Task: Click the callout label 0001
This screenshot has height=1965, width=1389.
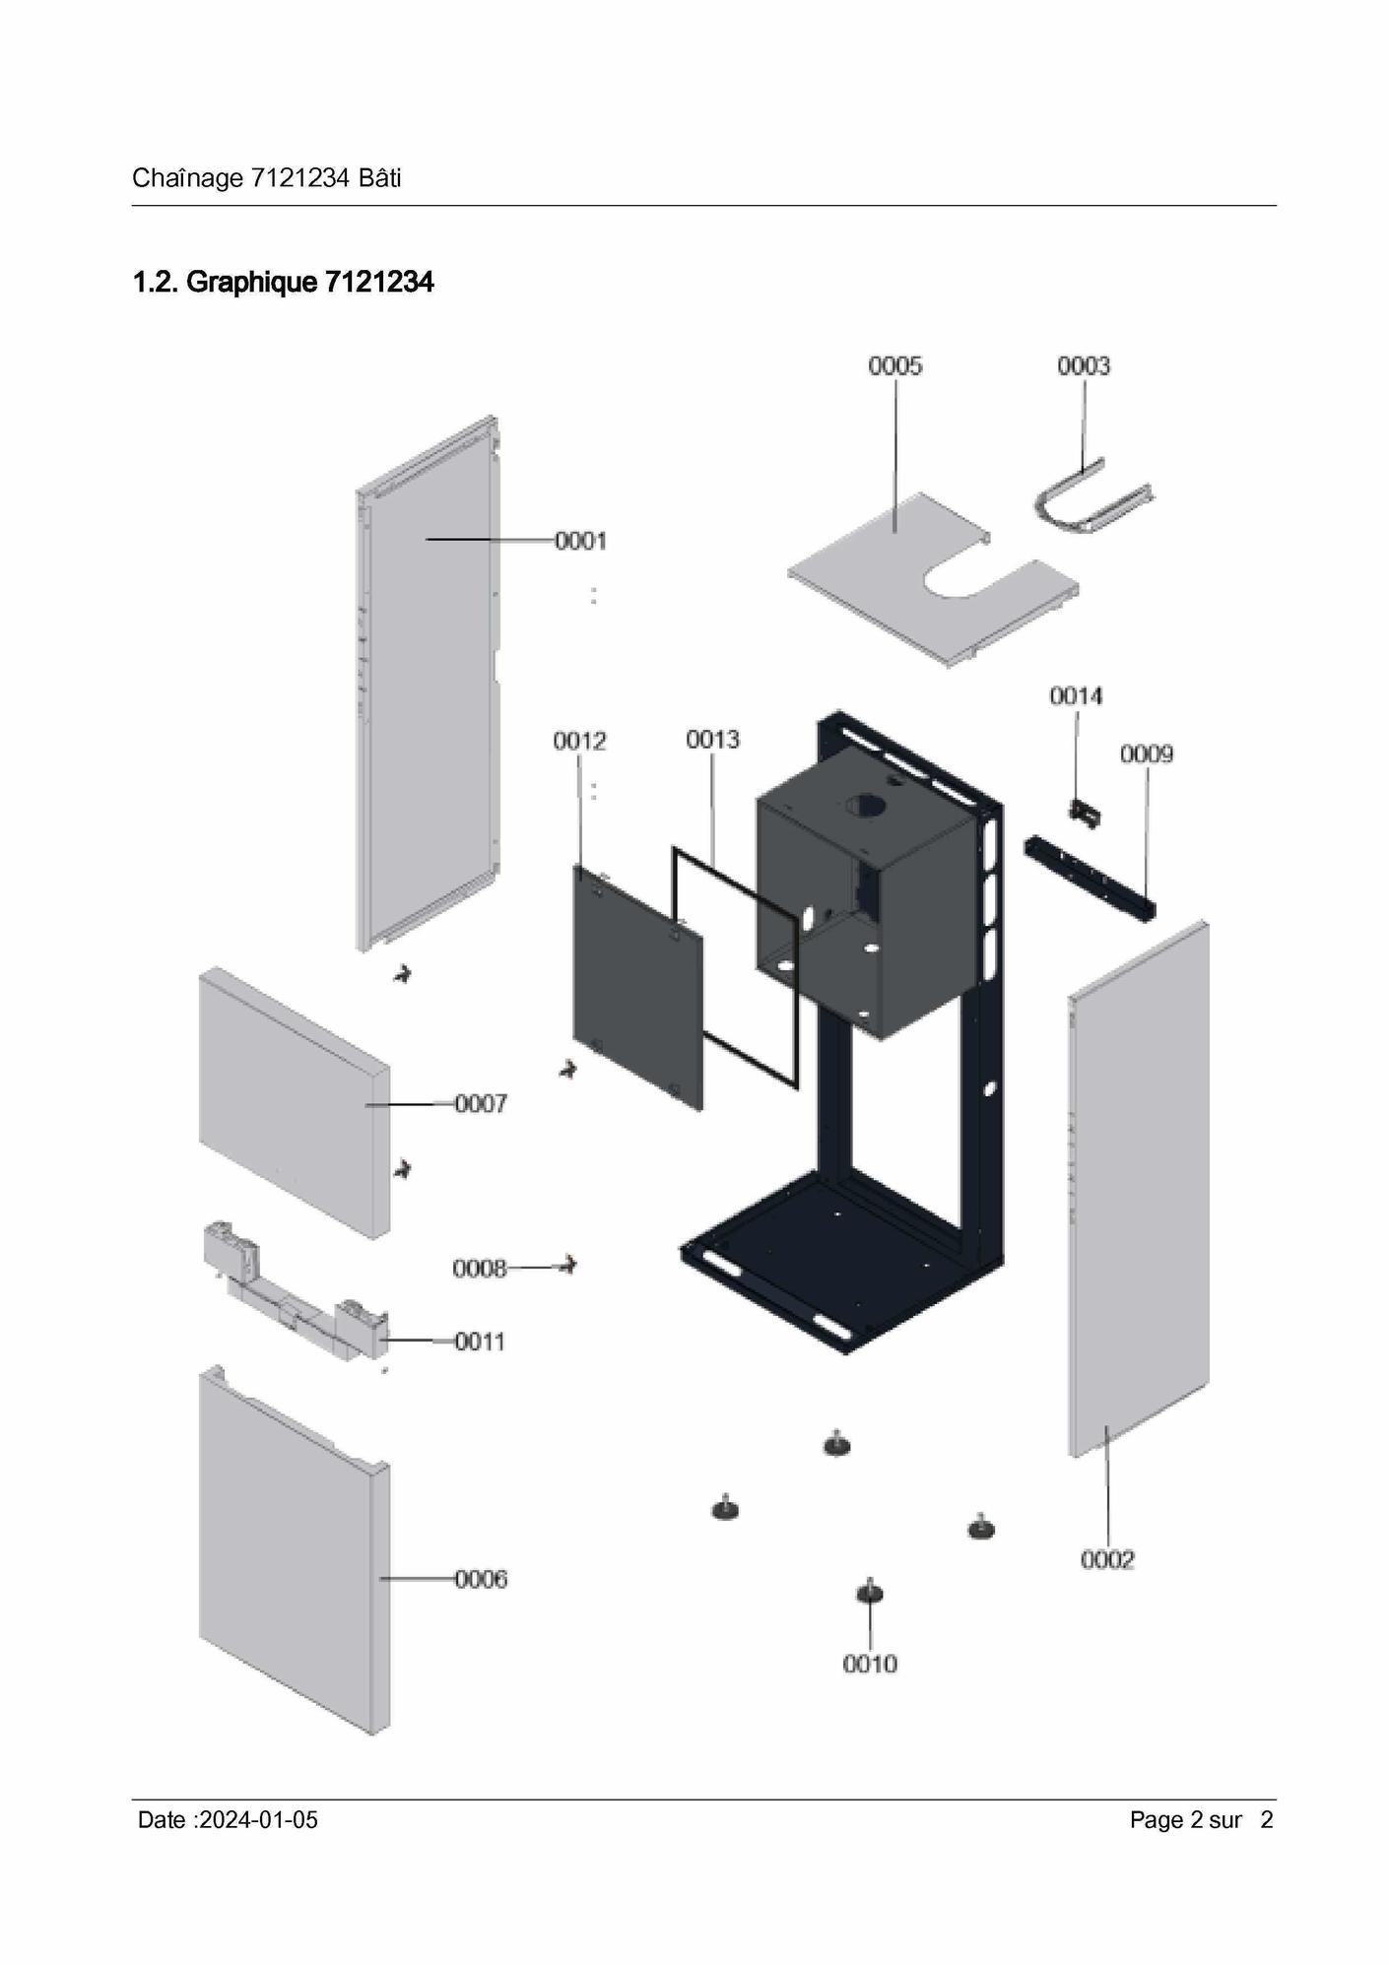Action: pos(581,541)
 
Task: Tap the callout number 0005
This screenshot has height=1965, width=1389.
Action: pos(895,366)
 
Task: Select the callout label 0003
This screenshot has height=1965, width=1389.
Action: pos(1084,366)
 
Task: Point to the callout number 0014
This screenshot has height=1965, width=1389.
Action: pos(1076,696)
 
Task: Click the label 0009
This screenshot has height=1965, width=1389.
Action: pos(1147,754)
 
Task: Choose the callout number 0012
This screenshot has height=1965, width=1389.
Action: pos(579,741)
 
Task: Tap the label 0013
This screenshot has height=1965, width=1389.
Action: pos(712,740)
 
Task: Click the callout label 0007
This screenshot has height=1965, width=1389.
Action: pos(481,1104)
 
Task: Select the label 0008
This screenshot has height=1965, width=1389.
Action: pos(480,1269)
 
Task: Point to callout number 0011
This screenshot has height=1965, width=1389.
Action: pos(480,1342)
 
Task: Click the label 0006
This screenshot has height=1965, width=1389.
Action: pos(481,1579)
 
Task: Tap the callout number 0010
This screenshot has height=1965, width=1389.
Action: pos(870,1664)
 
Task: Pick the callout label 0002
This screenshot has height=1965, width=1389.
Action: pos(1107,1559)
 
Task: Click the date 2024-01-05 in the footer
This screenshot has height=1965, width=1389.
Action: pos(258,1820)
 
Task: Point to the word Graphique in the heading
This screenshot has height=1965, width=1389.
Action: pos(252,283)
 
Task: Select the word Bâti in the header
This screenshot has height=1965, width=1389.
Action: pos(379,178)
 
